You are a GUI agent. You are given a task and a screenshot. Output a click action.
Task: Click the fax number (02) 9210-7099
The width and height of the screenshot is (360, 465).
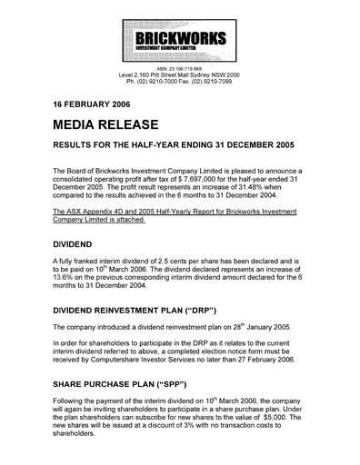[x=225, y=79]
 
